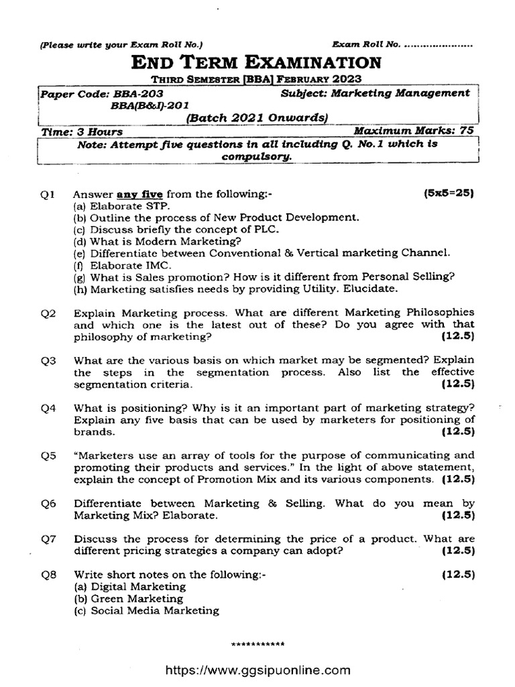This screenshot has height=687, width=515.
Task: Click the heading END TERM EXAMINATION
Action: [x=257, y=63]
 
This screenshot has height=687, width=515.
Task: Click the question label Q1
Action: [x=48, y=195]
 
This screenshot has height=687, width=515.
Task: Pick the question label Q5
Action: [x=48, y=455]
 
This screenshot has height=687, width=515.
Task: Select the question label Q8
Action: [x=48, y=575]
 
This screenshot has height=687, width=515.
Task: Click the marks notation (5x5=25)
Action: [x=449, y=194]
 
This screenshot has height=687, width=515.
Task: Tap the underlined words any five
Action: [x=140, y=195]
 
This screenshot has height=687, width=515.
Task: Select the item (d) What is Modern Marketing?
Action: [x=158, y=242]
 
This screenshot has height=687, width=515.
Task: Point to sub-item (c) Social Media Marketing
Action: [x=146, y=611]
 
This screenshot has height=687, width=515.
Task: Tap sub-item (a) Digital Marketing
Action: [x=129, y=587]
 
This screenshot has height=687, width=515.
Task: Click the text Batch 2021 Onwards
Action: [x=256, y=118]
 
